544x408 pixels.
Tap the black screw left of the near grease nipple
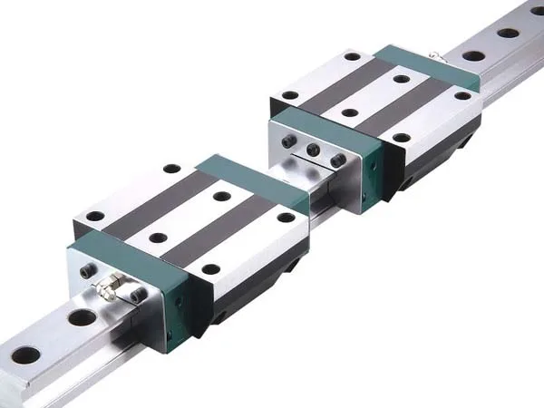[x=86, y=271]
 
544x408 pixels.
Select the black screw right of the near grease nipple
[x=137, y=296]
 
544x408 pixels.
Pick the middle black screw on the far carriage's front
[x=313, y=150]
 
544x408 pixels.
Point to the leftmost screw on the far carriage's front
[x=289, y=141]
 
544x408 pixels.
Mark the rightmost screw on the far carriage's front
[x=337, y=160]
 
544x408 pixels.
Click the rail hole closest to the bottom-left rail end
[x=24, y=355]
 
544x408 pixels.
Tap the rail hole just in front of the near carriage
[x=82, y=317]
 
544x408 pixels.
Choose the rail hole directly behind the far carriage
[x=472, y=55]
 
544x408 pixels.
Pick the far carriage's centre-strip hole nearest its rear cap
[x=402, y=79]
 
